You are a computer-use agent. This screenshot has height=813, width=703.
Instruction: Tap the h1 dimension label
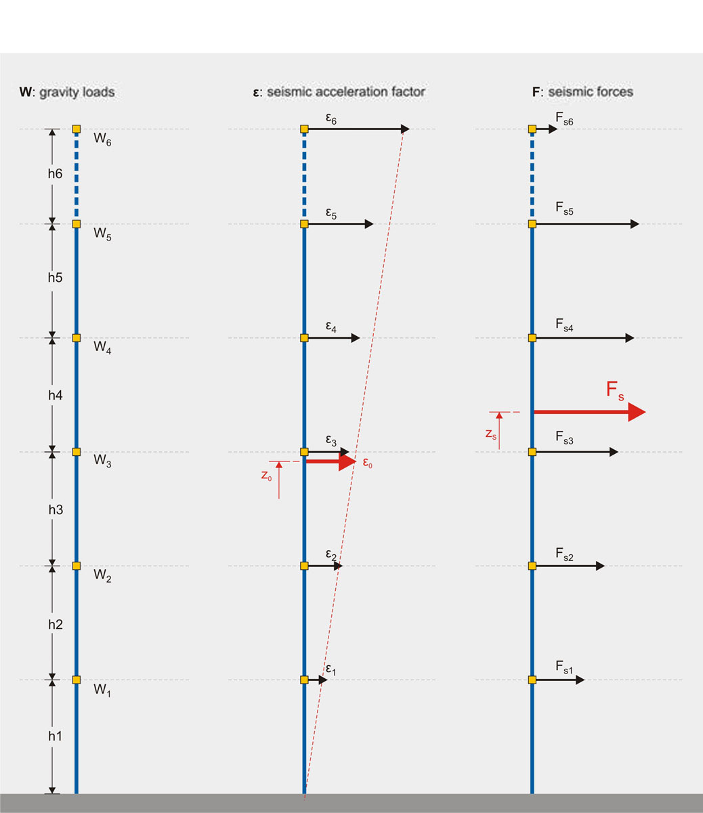(56, 736)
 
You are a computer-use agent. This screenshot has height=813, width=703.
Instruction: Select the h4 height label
(56, 394)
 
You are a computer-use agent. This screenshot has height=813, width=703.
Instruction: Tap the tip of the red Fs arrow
(645, 412)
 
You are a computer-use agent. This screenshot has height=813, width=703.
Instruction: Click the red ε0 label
(366, 465)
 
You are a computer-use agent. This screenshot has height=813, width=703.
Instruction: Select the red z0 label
(267, 476)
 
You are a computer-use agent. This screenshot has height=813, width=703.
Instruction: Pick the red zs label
(491, 434)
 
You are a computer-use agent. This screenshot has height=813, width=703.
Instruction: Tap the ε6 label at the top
(331, 119)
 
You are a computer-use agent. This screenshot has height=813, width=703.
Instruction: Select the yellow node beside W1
(77, 680)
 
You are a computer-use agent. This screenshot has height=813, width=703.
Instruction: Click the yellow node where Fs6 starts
(532, 129)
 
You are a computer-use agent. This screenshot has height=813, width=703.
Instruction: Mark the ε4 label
(331, 327)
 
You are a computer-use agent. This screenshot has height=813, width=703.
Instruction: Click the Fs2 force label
(564, 555)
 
